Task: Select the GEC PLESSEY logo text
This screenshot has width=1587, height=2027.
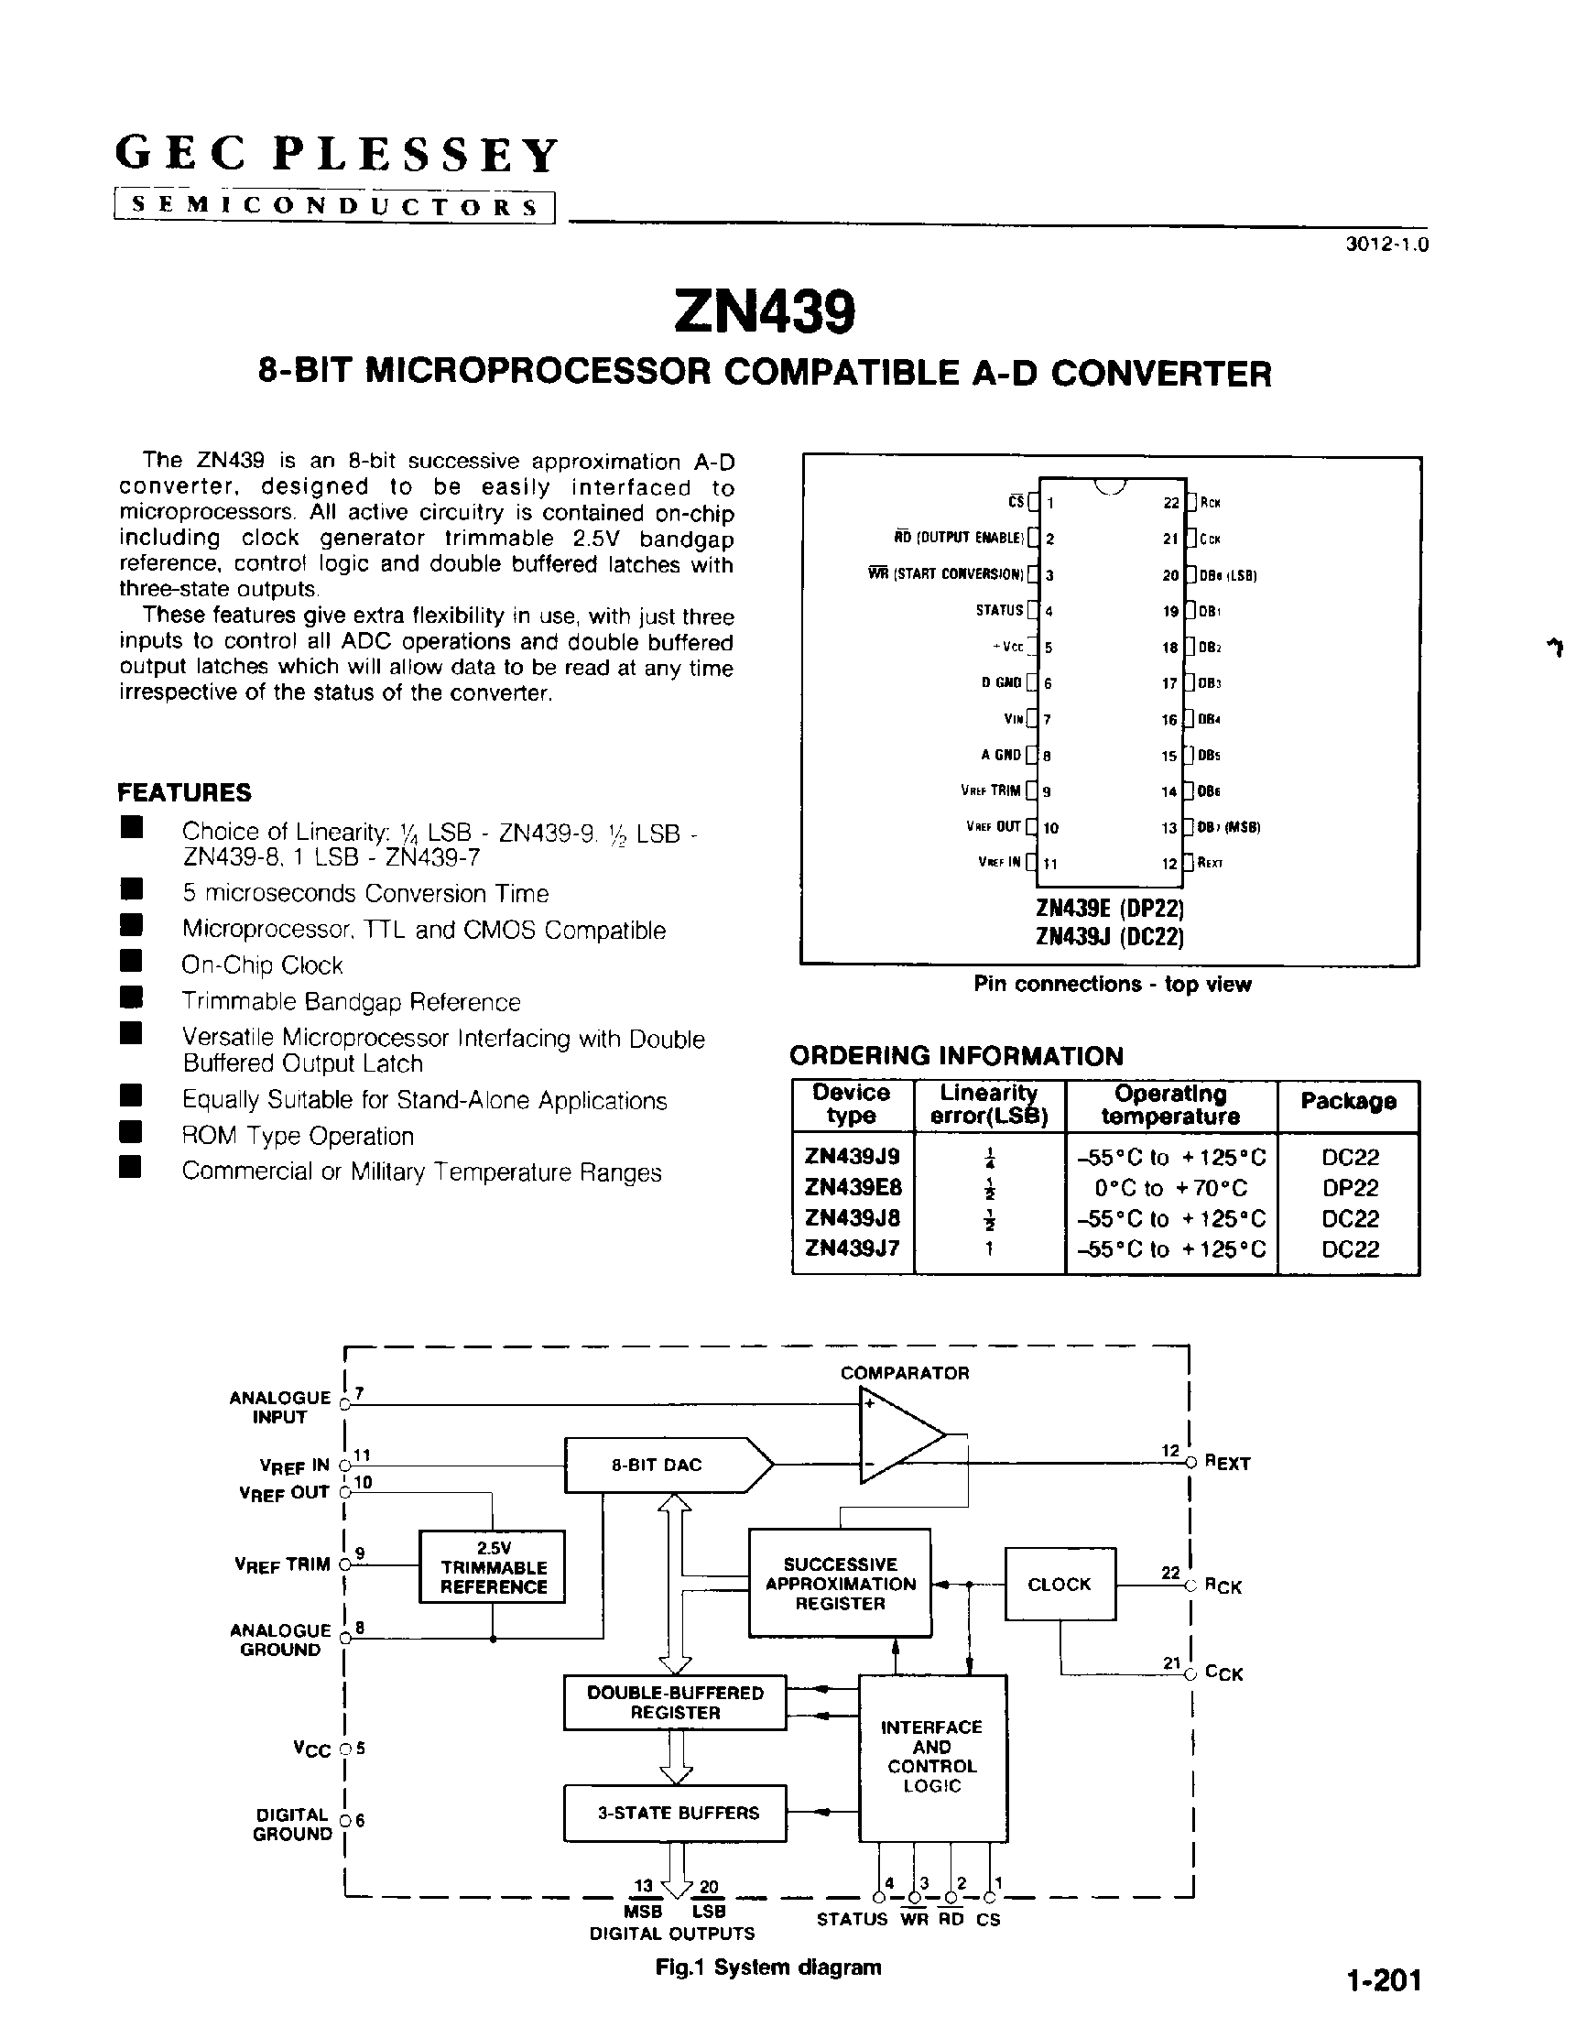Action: (336, 154)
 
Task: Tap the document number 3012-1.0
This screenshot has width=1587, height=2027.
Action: (1386, 245)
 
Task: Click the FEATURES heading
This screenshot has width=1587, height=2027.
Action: (184, 793)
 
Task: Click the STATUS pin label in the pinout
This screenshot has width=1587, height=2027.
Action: (999, 611)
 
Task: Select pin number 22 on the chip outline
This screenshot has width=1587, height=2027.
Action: (1170, 503)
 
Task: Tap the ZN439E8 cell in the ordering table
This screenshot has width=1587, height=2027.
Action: (852, 1188)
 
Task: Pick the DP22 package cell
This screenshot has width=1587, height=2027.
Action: (1349, 1188)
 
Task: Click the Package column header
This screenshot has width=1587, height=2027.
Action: (1348, 1101)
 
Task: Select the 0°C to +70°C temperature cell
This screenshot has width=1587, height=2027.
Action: (1170, 1188)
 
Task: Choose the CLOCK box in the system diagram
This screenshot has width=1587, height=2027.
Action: (1060, 1585)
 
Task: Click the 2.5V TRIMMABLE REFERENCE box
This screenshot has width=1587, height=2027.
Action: (493, 1568)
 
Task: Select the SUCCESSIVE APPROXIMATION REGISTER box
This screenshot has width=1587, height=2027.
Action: (840, 1584)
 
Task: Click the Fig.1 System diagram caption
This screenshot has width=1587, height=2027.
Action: (767, 1967)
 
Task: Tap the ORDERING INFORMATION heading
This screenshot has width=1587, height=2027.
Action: (956, 1056)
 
